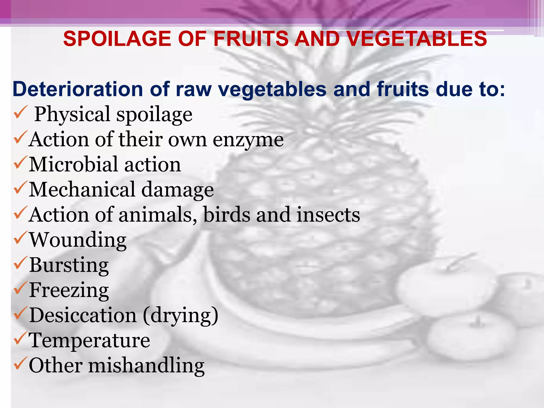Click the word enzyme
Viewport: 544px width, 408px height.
(x=248, y=140)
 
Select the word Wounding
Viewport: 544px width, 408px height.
(x=78, y=240)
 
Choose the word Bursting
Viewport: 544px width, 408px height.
(x=69, y=265)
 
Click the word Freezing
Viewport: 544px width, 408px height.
(x=69, y=290)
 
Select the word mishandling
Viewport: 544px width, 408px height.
(x=146, y=366)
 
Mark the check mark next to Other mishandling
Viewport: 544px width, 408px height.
(x=20, y=363)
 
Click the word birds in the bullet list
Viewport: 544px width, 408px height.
(x=227, y=215)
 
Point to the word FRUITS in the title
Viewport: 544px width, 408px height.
(x=251, y=39)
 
